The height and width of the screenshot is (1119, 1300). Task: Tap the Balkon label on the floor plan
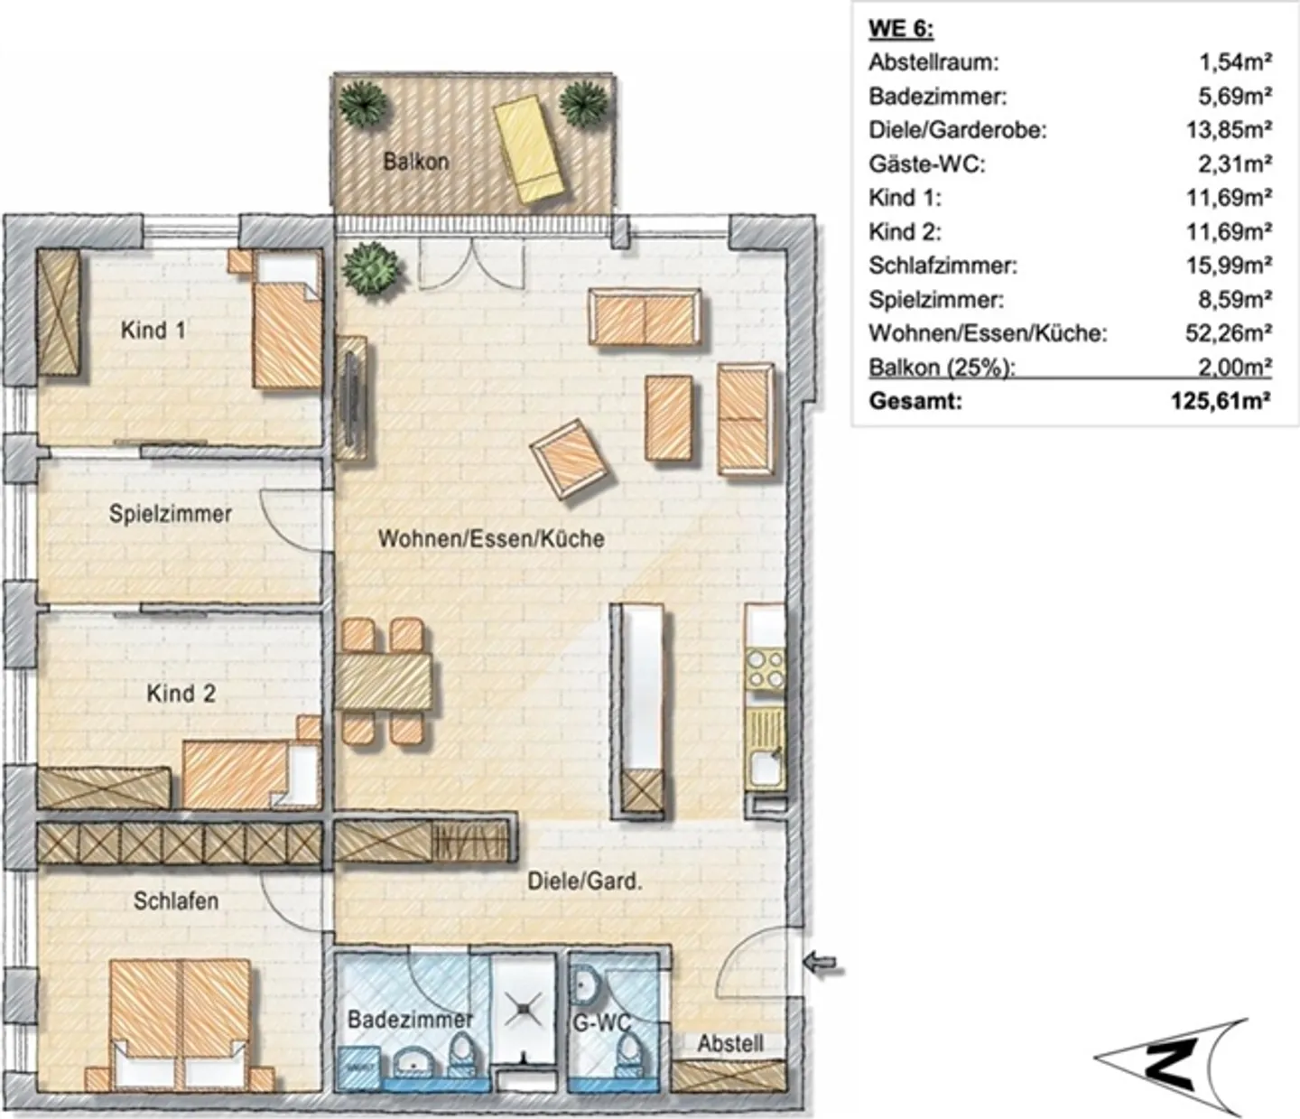(x=415, y=162)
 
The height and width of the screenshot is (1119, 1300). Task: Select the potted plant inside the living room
(x=371, y=266)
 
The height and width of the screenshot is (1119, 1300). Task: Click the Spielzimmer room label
(x=171, y=514)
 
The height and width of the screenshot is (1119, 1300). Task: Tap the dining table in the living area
(x=385, y=680)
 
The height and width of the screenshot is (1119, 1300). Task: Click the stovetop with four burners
(x=765, y=669)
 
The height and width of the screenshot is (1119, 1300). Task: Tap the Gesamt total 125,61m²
(x=1221, y=401)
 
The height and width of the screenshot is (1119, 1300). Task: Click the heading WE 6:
(x=900, y=29)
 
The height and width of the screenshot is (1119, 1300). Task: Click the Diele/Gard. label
(x=585, y=881)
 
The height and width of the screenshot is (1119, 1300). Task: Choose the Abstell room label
(x=729, y=1043)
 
